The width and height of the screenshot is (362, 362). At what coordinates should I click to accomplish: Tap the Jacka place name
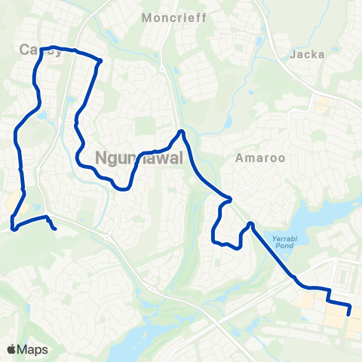pyautogui.click(x=306, y=54)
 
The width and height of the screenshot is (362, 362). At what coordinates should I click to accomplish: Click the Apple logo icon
pyautogui.click(x=12, y=350)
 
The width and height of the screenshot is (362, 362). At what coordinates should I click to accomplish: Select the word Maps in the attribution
pyautogui.click(x=33, y=350)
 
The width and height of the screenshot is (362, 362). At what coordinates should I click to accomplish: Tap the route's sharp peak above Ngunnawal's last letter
pyautogui.click(x=181, y=133)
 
